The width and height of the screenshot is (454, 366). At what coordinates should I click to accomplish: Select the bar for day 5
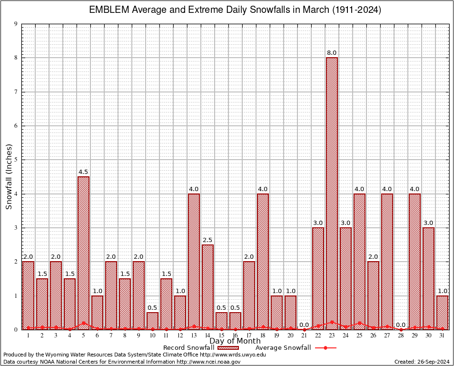[83, 253]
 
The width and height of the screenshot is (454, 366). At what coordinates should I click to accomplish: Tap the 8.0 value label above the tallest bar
[332, 52]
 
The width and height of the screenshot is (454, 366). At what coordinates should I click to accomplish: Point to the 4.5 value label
[83, 172]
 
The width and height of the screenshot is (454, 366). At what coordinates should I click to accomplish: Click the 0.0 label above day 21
[304, 325]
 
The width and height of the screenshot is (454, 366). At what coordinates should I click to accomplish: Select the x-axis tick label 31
[442, 335]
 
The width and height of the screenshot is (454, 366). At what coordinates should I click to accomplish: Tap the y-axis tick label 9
[16, 24]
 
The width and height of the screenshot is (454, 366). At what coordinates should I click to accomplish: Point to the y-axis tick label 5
[16, 160]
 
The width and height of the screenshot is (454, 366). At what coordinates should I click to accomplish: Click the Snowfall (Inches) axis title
[9, 177]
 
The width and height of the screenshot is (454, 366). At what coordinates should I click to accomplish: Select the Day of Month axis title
[235, 341]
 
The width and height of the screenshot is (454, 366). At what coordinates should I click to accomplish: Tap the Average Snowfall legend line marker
[326, 348]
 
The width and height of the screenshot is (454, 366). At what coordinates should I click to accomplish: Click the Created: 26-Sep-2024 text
[422, 362]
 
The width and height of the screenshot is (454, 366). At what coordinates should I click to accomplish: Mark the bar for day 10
[152, 321]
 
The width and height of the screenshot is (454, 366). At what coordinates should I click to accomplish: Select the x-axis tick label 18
[263, 335]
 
